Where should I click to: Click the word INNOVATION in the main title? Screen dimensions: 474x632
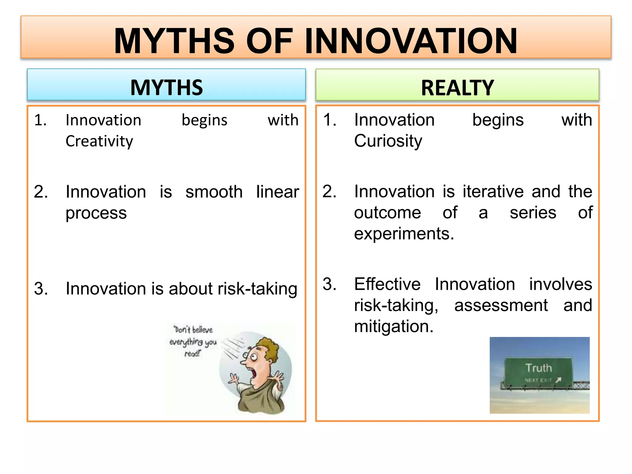pos(411,41)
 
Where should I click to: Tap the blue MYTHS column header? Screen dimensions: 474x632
pos(166,87)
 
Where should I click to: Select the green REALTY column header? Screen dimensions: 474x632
pos(457,88)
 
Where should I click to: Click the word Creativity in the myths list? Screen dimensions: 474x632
pos(99,141)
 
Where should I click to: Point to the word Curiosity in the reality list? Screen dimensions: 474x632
pos(388,141)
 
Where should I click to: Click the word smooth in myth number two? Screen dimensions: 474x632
pos(214,192)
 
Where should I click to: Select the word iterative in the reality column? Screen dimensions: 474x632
pos(493,192)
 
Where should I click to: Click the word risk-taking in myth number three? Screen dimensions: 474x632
pos(257,289)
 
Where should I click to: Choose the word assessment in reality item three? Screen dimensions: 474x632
pos(501,306)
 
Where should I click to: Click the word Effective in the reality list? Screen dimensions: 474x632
pos(387,284)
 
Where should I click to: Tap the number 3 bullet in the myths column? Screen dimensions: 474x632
pos(41,289)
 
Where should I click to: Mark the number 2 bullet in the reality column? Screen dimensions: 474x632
pos(329,192)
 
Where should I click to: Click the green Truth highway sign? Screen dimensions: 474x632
pos(538,372)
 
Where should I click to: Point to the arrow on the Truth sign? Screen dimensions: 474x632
pos(558,380)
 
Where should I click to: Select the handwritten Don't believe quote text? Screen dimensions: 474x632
pos(193,341)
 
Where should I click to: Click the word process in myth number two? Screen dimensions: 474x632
pos(96,213)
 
